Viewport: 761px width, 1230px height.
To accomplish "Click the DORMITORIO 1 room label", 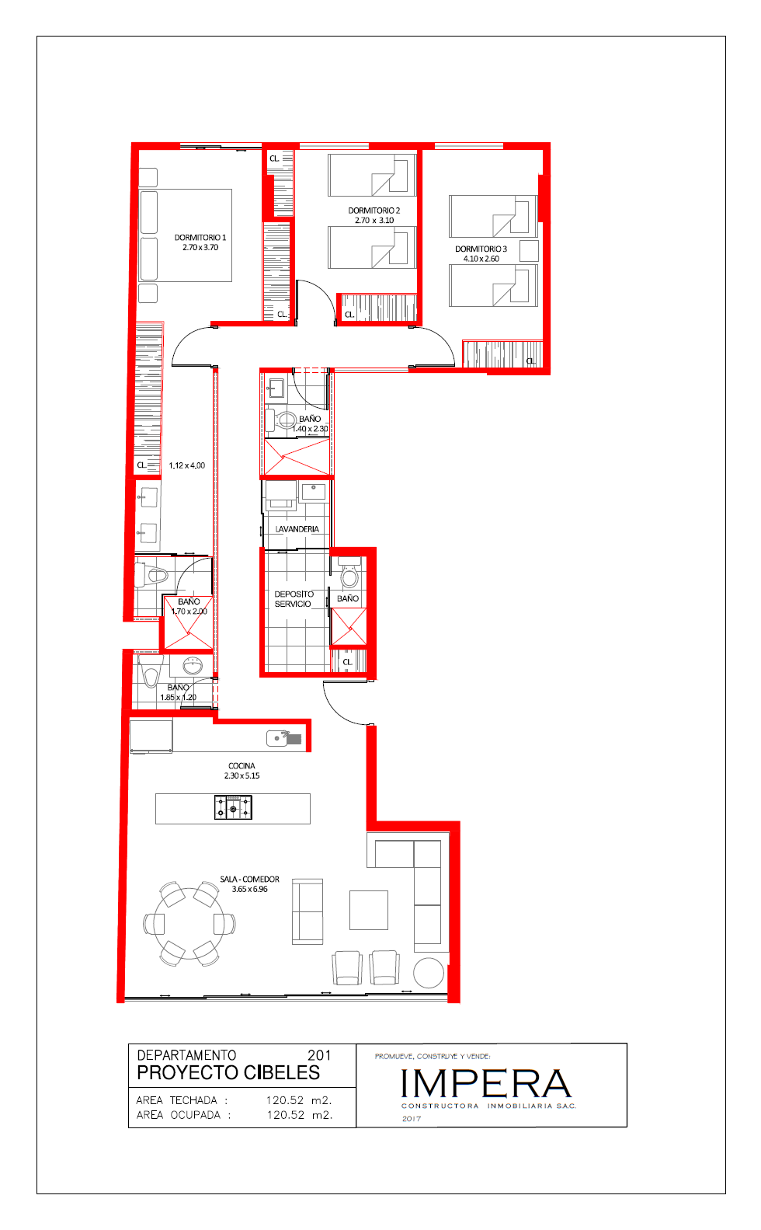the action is [200, 237].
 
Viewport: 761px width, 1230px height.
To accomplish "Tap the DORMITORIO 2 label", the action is [374, 211].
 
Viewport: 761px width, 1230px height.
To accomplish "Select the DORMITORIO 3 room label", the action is [481, 249].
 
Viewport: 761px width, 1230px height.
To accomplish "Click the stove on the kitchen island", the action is [233, 808].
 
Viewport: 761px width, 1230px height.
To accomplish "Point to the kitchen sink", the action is [283, 739].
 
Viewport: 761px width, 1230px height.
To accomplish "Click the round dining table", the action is [189, 924].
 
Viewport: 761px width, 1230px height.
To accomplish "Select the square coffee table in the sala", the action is [369, 910].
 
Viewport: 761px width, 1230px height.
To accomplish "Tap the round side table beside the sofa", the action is [429, 973].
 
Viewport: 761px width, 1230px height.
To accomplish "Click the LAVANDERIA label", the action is [297, 529].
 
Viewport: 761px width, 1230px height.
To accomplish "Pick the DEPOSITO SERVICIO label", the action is [294, 599].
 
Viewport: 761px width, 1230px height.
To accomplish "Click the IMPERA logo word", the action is [486, 1083].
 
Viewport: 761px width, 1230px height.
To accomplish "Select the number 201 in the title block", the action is [319, 1055].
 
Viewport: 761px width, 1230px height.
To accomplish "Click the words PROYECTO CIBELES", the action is [228, 1072].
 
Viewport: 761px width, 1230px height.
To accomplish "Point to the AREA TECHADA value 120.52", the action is [285, 1100].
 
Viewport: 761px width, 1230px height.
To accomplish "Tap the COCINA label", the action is [242, 765].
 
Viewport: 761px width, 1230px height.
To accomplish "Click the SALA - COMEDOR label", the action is [249, 879].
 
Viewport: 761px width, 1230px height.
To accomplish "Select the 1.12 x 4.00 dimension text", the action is [187, 465].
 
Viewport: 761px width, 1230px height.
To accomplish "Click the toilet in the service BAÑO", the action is [349, 574].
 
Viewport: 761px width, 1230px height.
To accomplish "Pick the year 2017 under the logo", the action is [412, 1119].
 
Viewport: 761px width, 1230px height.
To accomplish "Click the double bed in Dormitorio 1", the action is [186, 235].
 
